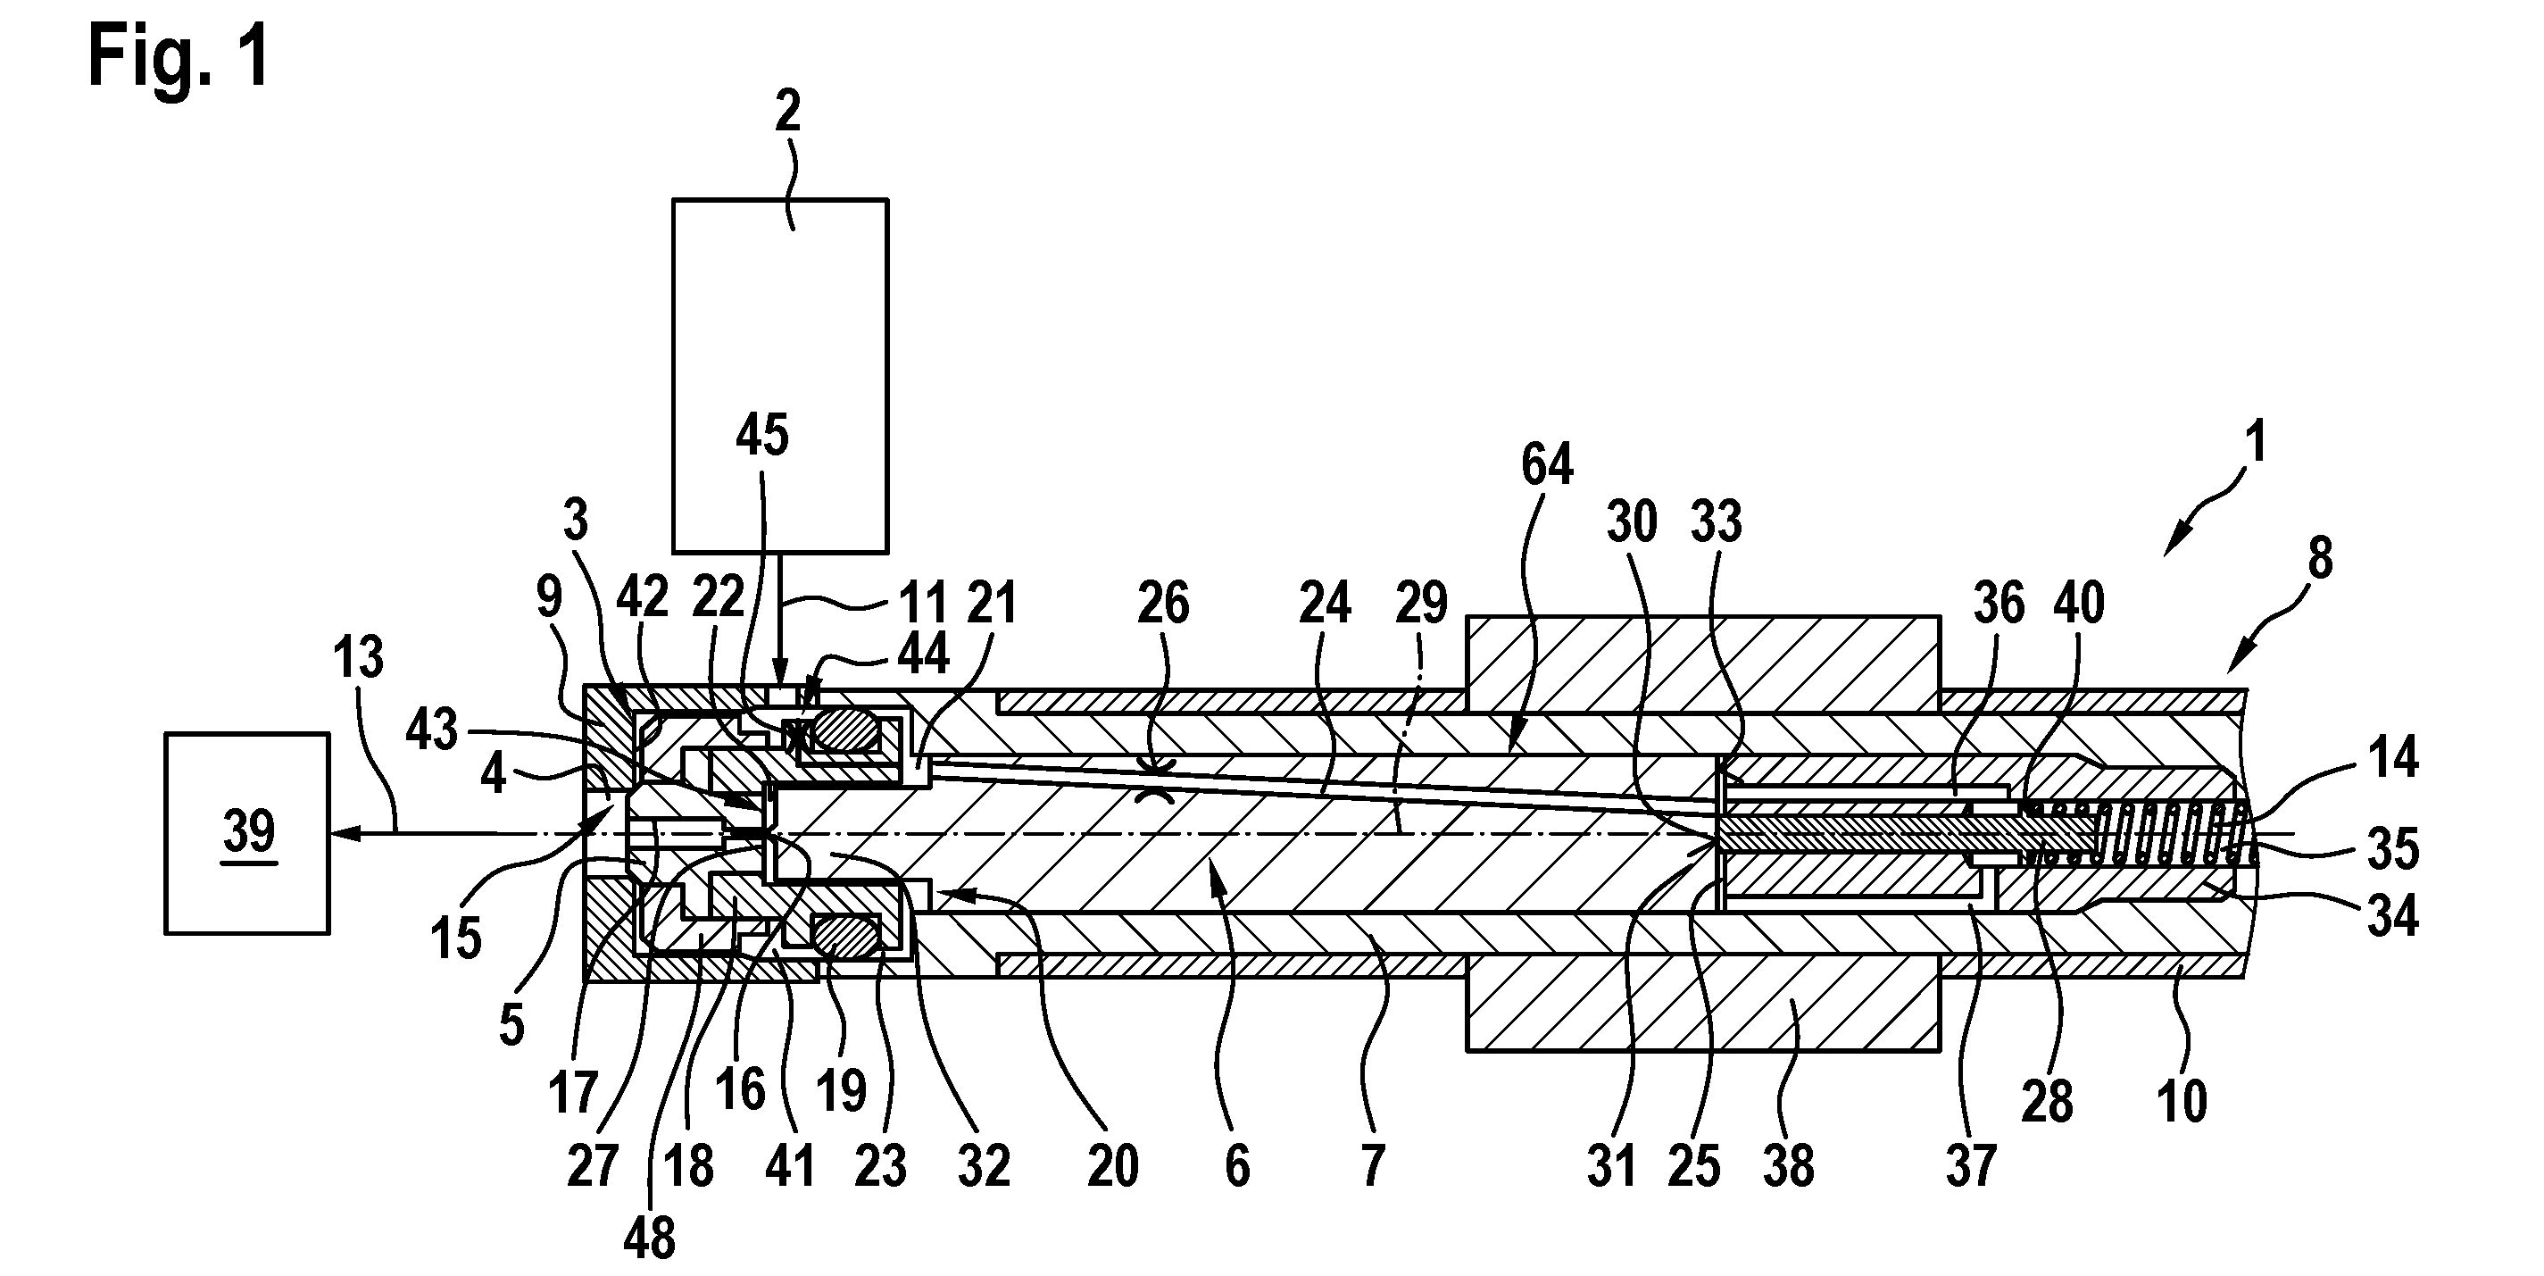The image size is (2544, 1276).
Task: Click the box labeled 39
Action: tap(247, 832)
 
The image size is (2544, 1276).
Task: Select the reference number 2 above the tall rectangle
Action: tap(787, 112)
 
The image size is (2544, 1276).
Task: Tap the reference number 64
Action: tap(1547, 464)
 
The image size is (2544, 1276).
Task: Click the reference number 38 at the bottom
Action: tap(1789, 1166)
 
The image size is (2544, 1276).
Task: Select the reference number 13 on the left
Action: tap(358, 657)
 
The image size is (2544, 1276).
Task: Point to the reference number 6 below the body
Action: tap(1236, 1166)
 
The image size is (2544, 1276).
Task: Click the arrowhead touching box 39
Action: tap(344, 835)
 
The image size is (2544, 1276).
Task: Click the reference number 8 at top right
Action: tap(2320, 558)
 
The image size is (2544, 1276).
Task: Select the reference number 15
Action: tap(456, 938)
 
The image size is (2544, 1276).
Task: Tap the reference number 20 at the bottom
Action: tap(1112, 1166)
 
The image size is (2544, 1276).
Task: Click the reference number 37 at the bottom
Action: tap(1971, 1166)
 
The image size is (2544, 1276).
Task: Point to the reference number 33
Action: tap(1717, 521)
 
